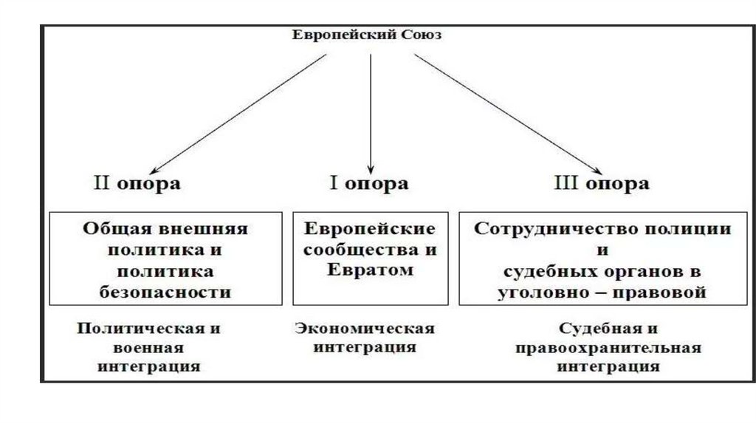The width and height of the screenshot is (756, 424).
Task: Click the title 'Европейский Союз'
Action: [365, 35]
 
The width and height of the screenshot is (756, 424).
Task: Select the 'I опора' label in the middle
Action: [367, 183]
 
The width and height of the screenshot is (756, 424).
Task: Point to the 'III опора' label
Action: [601, 183]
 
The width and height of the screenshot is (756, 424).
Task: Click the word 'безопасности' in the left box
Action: [165, 292]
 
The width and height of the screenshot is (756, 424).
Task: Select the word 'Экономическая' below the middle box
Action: [365, 328]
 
